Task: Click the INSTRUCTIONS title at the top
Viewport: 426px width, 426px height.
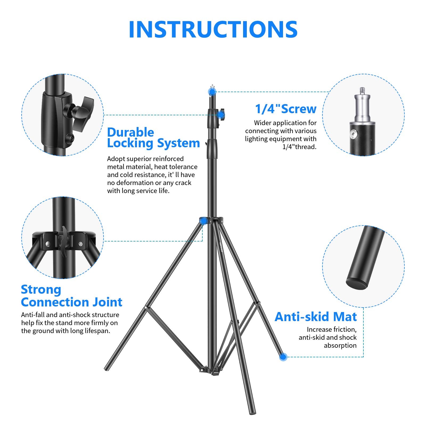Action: tap(213, 29)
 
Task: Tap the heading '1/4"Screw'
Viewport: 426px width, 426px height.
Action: tap(286, 109)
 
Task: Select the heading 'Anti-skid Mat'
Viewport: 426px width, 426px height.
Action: tap(316, 317)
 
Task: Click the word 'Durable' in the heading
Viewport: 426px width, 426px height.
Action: tap(130, 132)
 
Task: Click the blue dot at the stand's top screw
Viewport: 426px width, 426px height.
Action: tap(212, 92)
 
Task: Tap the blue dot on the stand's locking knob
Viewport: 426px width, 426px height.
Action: tap(220, 115)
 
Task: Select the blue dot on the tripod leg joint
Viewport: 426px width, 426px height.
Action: tap(203, 221)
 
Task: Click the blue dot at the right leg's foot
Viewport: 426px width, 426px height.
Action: tap(283, 357)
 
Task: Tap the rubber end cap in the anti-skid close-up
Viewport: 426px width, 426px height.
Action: tap(357, 283)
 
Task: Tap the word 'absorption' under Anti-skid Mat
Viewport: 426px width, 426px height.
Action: tap(340, 346)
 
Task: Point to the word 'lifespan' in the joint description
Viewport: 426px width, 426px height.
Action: tap(97, 331)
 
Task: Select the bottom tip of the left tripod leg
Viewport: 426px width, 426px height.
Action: tap(106, 369)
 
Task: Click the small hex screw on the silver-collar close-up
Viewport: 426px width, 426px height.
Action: tap(354, 134)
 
